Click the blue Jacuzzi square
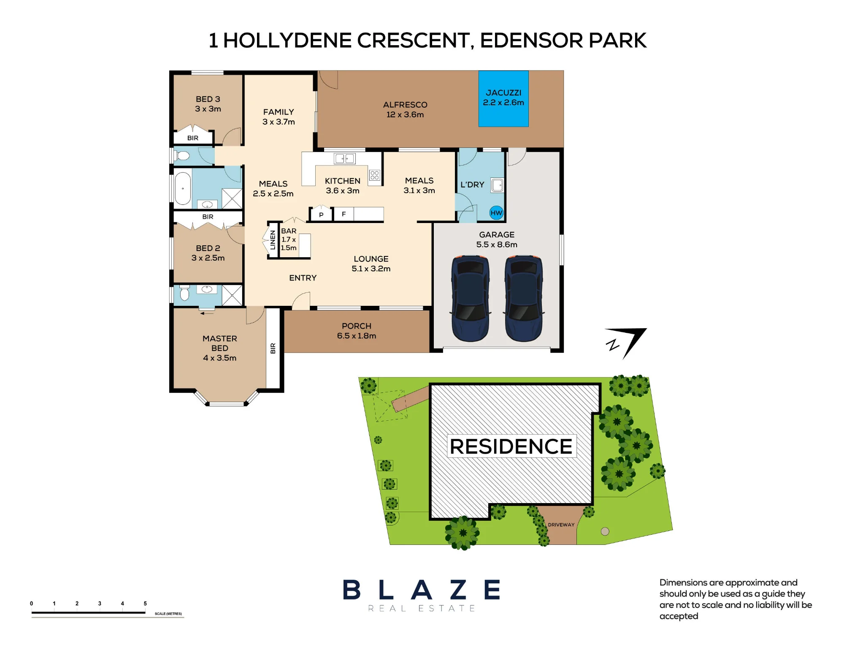click(503, 98)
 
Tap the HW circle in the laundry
click(496, 213)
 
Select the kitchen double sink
click(344, 158)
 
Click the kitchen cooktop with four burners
click(374, 175)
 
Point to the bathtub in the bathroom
click(183, 188)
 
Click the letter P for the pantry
click(321, 215)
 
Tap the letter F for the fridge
click(344, 214)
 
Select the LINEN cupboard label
click(273, 240)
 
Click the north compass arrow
click(626, 343)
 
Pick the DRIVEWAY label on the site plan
click(561, 525)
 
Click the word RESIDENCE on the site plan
click(511, 446)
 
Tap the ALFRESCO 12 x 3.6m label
click(405, 109)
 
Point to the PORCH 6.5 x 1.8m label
click(357, 331)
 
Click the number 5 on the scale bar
click(145, 604)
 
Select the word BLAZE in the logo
click(422, 590)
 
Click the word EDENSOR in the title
click(531, 41)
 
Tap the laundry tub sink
click(498, 185)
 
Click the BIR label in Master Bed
click(273, 348)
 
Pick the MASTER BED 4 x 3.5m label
click(219, 348)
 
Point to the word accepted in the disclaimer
click(679, 616)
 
